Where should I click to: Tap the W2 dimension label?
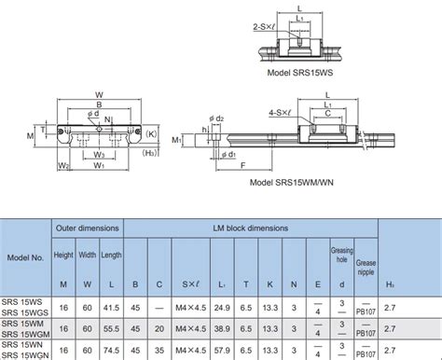62,167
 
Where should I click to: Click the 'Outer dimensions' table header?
89,227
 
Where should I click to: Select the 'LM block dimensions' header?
250,227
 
